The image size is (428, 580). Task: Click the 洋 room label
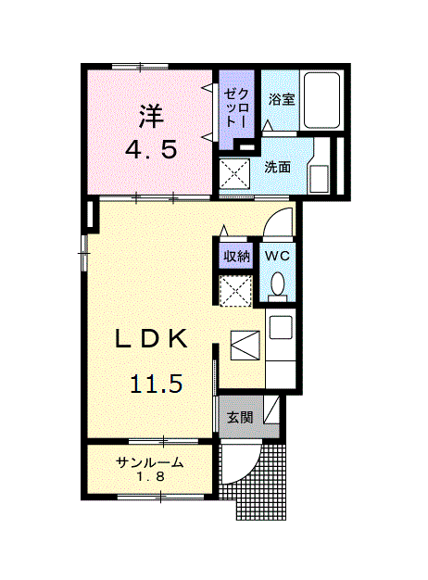151,116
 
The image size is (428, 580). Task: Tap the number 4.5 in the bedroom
151,149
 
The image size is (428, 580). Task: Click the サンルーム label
149,463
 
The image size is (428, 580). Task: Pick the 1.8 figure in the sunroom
149,478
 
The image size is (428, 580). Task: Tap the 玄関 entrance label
240,418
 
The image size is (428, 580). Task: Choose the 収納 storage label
236,255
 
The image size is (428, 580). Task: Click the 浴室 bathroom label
282,99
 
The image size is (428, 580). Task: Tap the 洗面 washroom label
277,168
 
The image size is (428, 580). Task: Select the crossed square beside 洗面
236,173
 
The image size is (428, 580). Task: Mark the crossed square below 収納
236,290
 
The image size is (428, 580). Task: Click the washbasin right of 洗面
320,176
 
